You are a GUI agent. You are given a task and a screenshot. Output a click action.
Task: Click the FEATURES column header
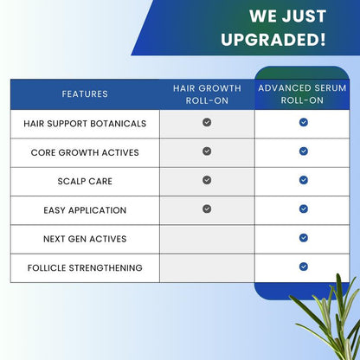pos(85,93)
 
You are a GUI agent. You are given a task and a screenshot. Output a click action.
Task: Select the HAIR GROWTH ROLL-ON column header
pos(207,93)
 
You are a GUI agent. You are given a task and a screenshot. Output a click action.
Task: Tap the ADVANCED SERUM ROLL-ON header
pos(303,93)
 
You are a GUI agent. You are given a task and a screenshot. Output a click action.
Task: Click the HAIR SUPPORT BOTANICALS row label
pos(85,123)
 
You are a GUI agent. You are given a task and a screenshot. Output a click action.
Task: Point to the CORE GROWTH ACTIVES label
pos(85,152)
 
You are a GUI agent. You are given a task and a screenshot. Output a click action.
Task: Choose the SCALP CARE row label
pos(85,181)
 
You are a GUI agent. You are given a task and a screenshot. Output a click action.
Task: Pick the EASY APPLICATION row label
pos(85,210)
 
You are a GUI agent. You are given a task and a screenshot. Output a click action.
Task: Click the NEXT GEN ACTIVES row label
pos(85,239)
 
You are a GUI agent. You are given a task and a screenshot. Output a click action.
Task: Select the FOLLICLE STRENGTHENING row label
pos(85,267)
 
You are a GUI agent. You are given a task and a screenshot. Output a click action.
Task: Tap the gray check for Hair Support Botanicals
pos(207,123)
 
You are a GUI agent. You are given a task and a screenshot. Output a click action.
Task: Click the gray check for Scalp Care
pos(207,180)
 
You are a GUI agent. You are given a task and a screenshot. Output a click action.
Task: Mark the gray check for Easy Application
pos(207,209)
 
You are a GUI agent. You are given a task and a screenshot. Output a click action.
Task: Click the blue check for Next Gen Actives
pos(304,238)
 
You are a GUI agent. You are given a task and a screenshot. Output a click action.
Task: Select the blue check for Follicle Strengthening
pos(304,267)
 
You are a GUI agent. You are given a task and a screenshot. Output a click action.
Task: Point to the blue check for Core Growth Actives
pos(304,151)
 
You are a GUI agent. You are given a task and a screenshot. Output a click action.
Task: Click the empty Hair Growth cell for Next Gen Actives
pos(207,239)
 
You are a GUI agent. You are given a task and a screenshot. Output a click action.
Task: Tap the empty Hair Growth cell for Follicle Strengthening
pos(207,267)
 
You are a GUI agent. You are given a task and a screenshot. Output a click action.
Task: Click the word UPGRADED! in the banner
pos(273,40)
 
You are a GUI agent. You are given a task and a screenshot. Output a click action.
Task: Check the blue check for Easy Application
pos(304,209)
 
